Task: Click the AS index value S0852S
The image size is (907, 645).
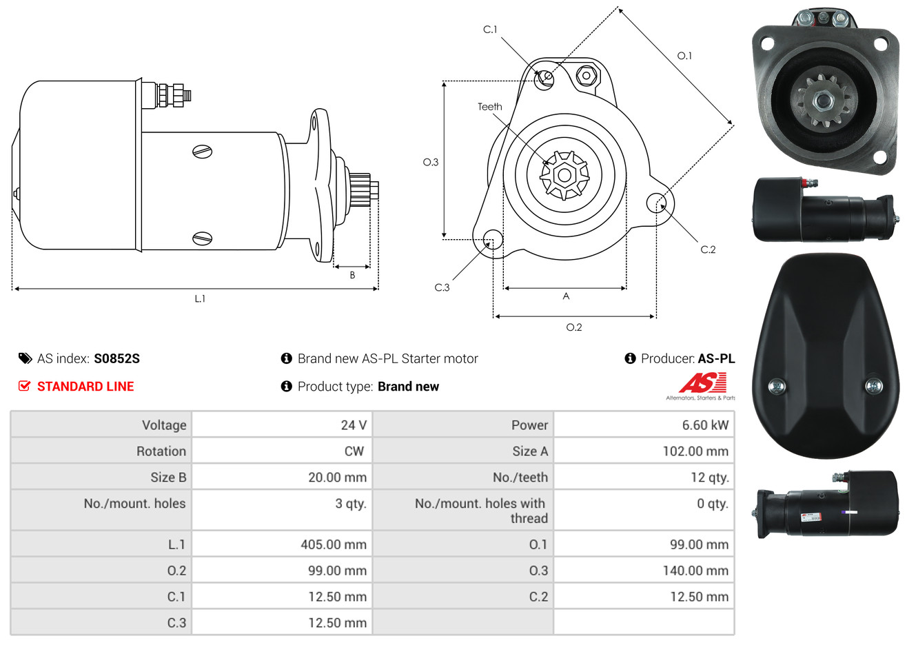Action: (116, 359)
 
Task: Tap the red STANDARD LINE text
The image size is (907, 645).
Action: (85, 387)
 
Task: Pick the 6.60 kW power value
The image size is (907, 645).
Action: (705, 425)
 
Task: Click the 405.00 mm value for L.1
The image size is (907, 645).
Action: (334, 544)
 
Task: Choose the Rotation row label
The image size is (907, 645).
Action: (161, 451)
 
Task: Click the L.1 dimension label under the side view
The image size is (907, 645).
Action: (200, 299)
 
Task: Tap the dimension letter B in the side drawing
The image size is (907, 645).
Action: (352, 276)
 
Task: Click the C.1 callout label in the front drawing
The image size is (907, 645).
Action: (490, 29)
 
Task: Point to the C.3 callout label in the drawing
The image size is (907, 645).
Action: (442, 287)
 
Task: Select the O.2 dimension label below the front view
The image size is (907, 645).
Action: (573, 327)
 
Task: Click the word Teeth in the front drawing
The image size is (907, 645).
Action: (489, 107)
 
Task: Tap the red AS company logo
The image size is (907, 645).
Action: (702, 383)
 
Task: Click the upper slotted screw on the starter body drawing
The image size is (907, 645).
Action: (202, 152)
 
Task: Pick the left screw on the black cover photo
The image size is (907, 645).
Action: (776, 386)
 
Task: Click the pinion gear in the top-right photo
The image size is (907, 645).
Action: (822, 101)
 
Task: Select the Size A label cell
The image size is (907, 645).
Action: (530, 451)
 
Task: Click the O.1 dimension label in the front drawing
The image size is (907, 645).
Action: (684, 56)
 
